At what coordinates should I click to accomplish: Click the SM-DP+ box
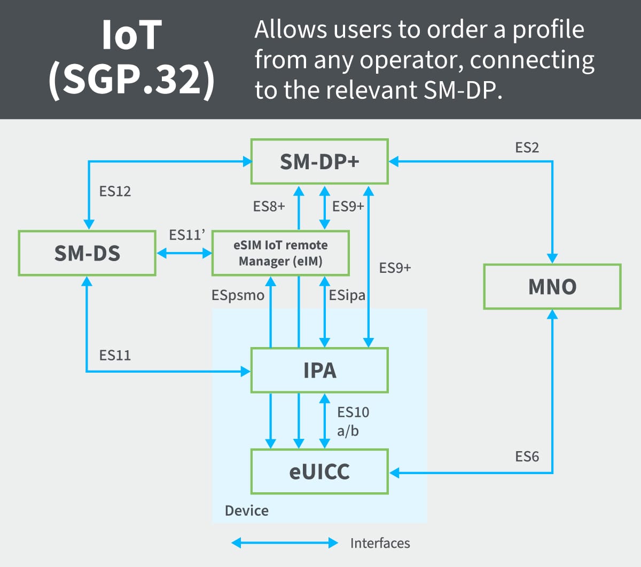319,162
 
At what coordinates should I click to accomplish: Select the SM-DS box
87,253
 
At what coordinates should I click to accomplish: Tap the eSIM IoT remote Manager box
280,253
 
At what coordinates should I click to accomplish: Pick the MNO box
552,287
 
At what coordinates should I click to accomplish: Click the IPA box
319,370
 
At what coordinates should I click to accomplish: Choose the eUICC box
319,471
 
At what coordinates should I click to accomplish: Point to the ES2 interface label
527,148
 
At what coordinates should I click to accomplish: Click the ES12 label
115,191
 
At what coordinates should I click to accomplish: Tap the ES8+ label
269,207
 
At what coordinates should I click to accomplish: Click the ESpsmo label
238,295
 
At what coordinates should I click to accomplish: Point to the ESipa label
347,295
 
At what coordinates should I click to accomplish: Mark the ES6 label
527,456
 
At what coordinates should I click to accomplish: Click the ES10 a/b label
353,421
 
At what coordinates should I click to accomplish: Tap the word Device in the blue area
247,511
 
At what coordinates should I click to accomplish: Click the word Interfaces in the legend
380,544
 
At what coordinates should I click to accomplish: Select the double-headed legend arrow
285,543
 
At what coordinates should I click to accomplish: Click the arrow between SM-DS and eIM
184,253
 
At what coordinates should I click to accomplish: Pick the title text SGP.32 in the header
131,79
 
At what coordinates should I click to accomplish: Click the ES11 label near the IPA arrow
115,355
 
